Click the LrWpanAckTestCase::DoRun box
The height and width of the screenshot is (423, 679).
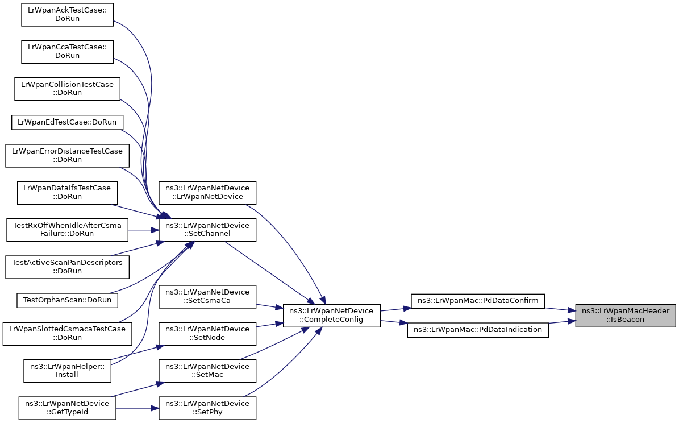tap(67, 14)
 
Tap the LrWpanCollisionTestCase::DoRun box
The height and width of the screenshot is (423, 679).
tap(67, 89)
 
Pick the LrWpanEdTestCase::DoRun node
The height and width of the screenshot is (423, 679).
tap(67, 122)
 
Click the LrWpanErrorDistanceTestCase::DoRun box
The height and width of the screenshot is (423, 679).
tap(68, 155)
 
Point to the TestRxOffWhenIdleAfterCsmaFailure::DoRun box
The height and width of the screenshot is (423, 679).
tap(67, 230)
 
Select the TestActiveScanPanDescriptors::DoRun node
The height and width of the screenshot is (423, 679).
tap(67, 267)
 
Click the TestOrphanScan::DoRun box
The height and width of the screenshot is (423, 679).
tap(67, 299)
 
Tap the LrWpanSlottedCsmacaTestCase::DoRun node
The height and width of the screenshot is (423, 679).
tap(67, 333)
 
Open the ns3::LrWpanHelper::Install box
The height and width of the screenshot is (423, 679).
tap(67, 371)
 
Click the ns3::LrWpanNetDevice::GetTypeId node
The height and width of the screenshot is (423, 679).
tap(67, 408)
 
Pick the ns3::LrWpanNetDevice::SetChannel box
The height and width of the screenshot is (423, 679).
tap(207, 230)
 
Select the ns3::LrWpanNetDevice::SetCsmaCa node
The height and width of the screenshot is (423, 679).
tap(207, 296)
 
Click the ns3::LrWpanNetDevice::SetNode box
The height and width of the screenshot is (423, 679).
tap(207, 333)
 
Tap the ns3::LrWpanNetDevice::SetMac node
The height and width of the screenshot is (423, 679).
tap(207, 371)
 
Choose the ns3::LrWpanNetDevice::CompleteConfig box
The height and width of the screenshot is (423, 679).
tap(331, 316)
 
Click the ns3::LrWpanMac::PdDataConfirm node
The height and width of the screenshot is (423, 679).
tap(478, 301)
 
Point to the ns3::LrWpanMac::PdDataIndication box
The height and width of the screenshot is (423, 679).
tap(478, 329)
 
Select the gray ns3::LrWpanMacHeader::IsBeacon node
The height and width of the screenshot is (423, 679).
tap(625, 316)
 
